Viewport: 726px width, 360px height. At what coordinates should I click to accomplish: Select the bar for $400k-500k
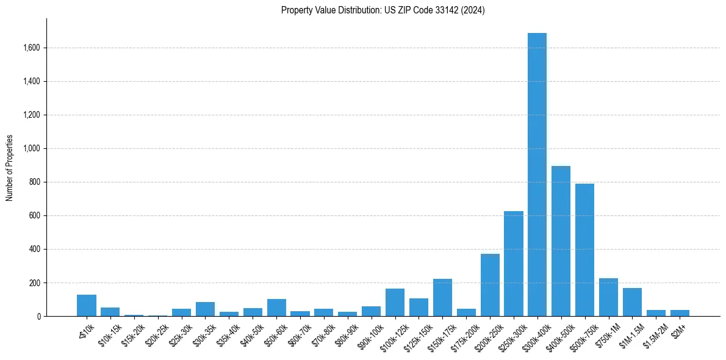coord(561,241)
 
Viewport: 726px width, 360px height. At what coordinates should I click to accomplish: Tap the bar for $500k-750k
coord(584,250)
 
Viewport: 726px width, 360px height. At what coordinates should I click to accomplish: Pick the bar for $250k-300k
coord(513,264)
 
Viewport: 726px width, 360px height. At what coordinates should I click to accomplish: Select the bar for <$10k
coord(86,306)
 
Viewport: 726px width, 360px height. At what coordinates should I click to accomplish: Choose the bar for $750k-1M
coord(608,297)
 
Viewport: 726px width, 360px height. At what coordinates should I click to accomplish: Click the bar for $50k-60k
coord(276,308)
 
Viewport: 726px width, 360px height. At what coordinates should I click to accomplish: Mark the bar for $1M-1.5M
coord(632,302)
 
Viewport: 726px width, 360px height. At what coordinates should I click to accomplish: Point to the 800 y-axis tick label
coord(35,182)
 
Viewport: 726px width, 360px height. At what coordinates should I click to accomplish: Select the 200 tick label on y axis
coord(35,283)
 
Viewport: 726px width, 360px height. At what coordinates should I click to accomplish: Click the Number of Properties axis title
coord(10,168)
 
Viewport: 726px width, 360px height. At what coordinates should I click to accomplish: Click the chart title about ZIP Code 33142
coord(383,10)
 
